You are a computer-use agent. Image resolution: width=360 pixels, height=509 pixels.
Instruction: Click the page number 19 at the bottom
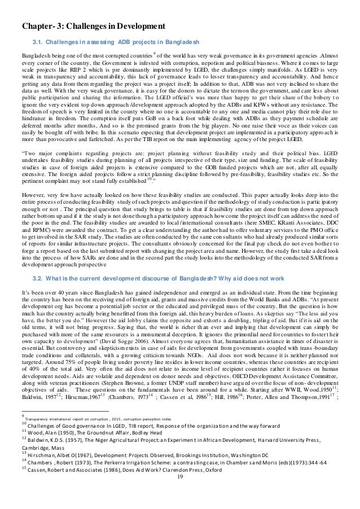[x=180, y=493]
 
